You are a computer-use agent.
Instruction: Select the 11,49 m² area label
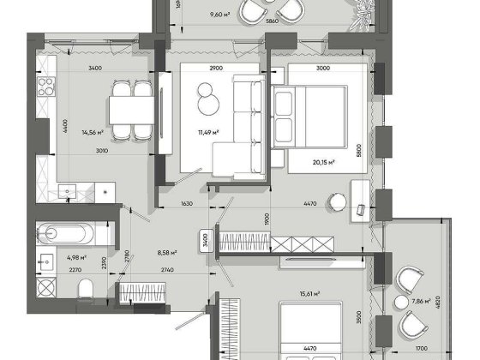click(x=208, y=132)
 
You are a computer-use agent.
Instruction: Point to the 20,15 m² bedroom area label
click(x=323, y=160)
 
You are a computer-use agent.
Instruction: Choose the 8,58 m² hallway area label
click(x=166, y=253)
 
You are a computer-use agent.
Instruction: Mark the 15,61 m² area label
click(x=309, y=294)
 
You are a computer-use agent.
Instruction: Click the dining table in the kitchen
click(x=131, y=108)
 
